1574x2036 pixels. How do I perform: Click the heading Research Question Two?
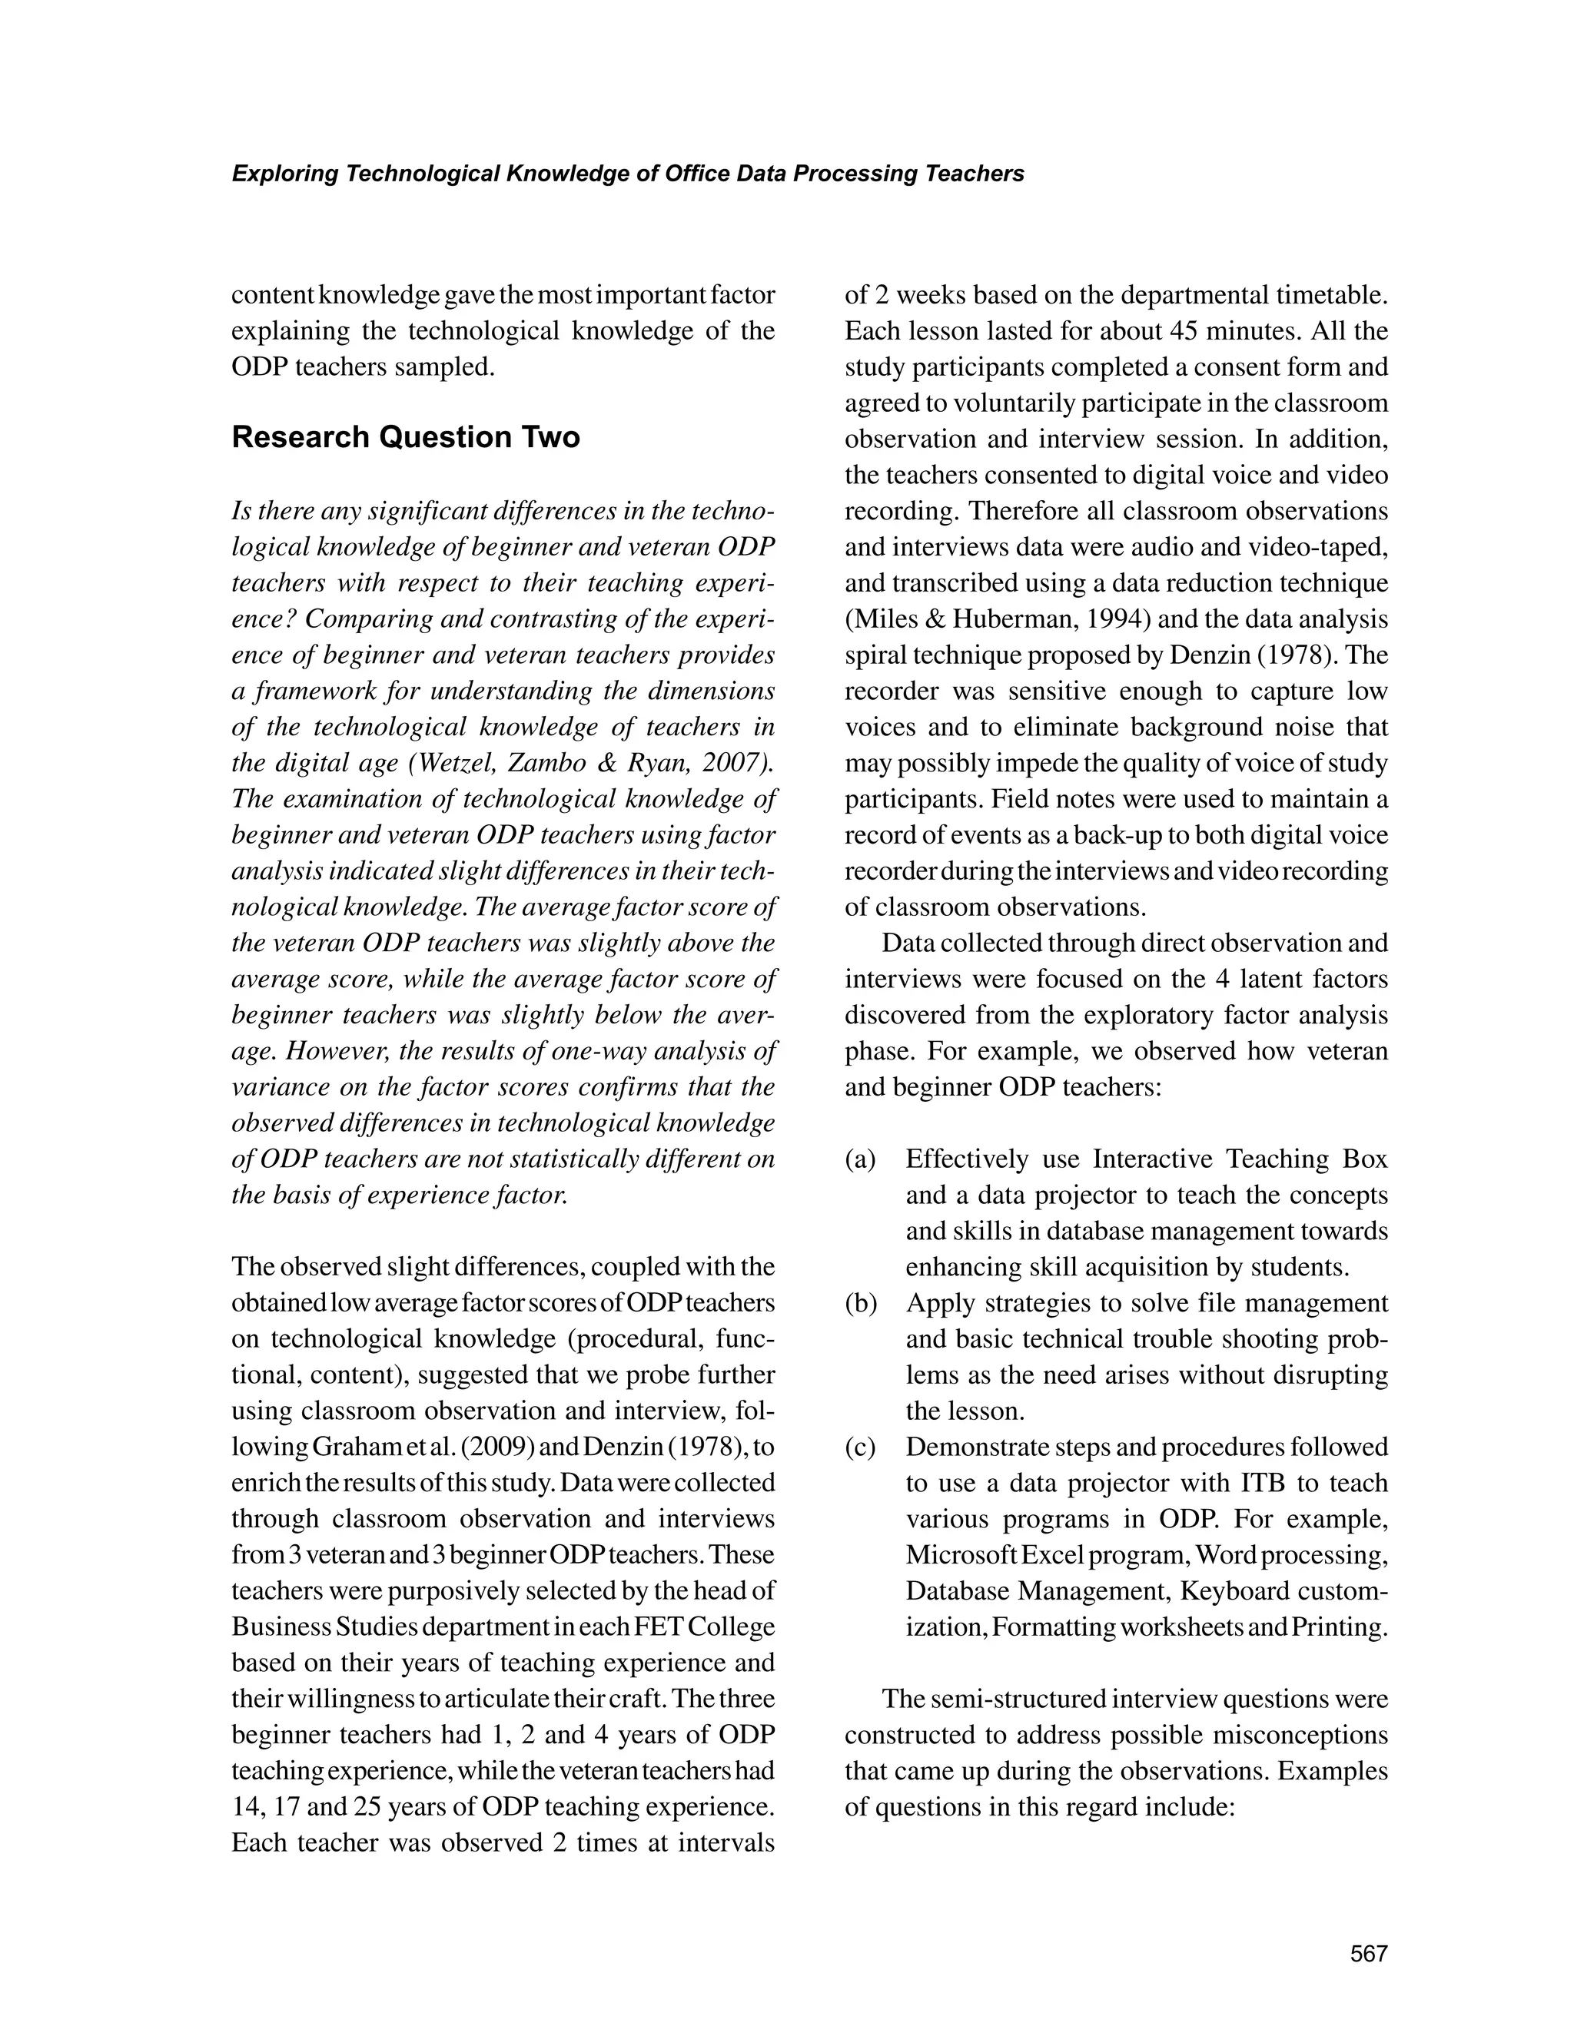click(406, 437)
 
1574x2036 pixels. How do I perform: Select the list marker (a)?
click(861, 1159)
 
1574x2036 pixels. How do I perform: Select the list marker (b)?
click(862, 1303)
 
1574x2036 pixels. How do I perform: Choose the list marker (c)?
click(861, 1447)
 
